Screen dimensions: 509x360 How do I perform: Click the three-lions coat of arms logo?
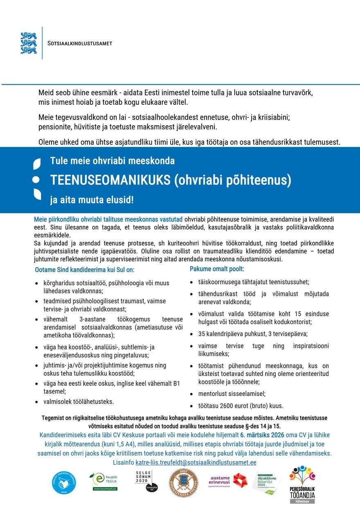tap(29, 43)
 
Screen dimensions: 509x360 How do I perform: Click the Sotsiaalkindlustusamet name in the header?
tap(80, 43)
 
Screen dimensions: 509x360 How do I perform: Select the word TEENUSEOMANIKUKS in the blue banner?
tap(110, 180)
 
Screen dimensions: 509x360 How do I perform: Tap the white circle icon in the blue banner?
tap(36, 180)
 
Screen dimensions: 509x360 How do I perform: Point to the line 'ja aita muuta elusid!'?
tap(92, 200)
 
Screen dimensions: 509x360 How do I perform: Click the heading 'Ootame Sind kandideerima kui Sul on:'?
tap(85, 270)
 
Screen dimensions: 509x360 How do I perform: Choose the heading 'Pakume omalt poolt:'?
tap(217, 269)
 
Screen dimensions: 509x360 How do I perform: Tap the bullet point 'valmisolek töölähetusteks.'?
tap(79, 401)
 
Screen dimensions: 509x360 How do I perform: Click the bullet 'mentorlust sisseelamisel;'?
tap(232, 394)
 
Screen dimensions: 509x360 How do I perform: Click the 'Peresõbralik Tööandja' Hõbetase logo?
tap(302, 485)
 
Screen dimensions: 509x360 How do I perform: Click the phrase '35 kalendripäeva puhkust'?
tap(231, 334)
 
